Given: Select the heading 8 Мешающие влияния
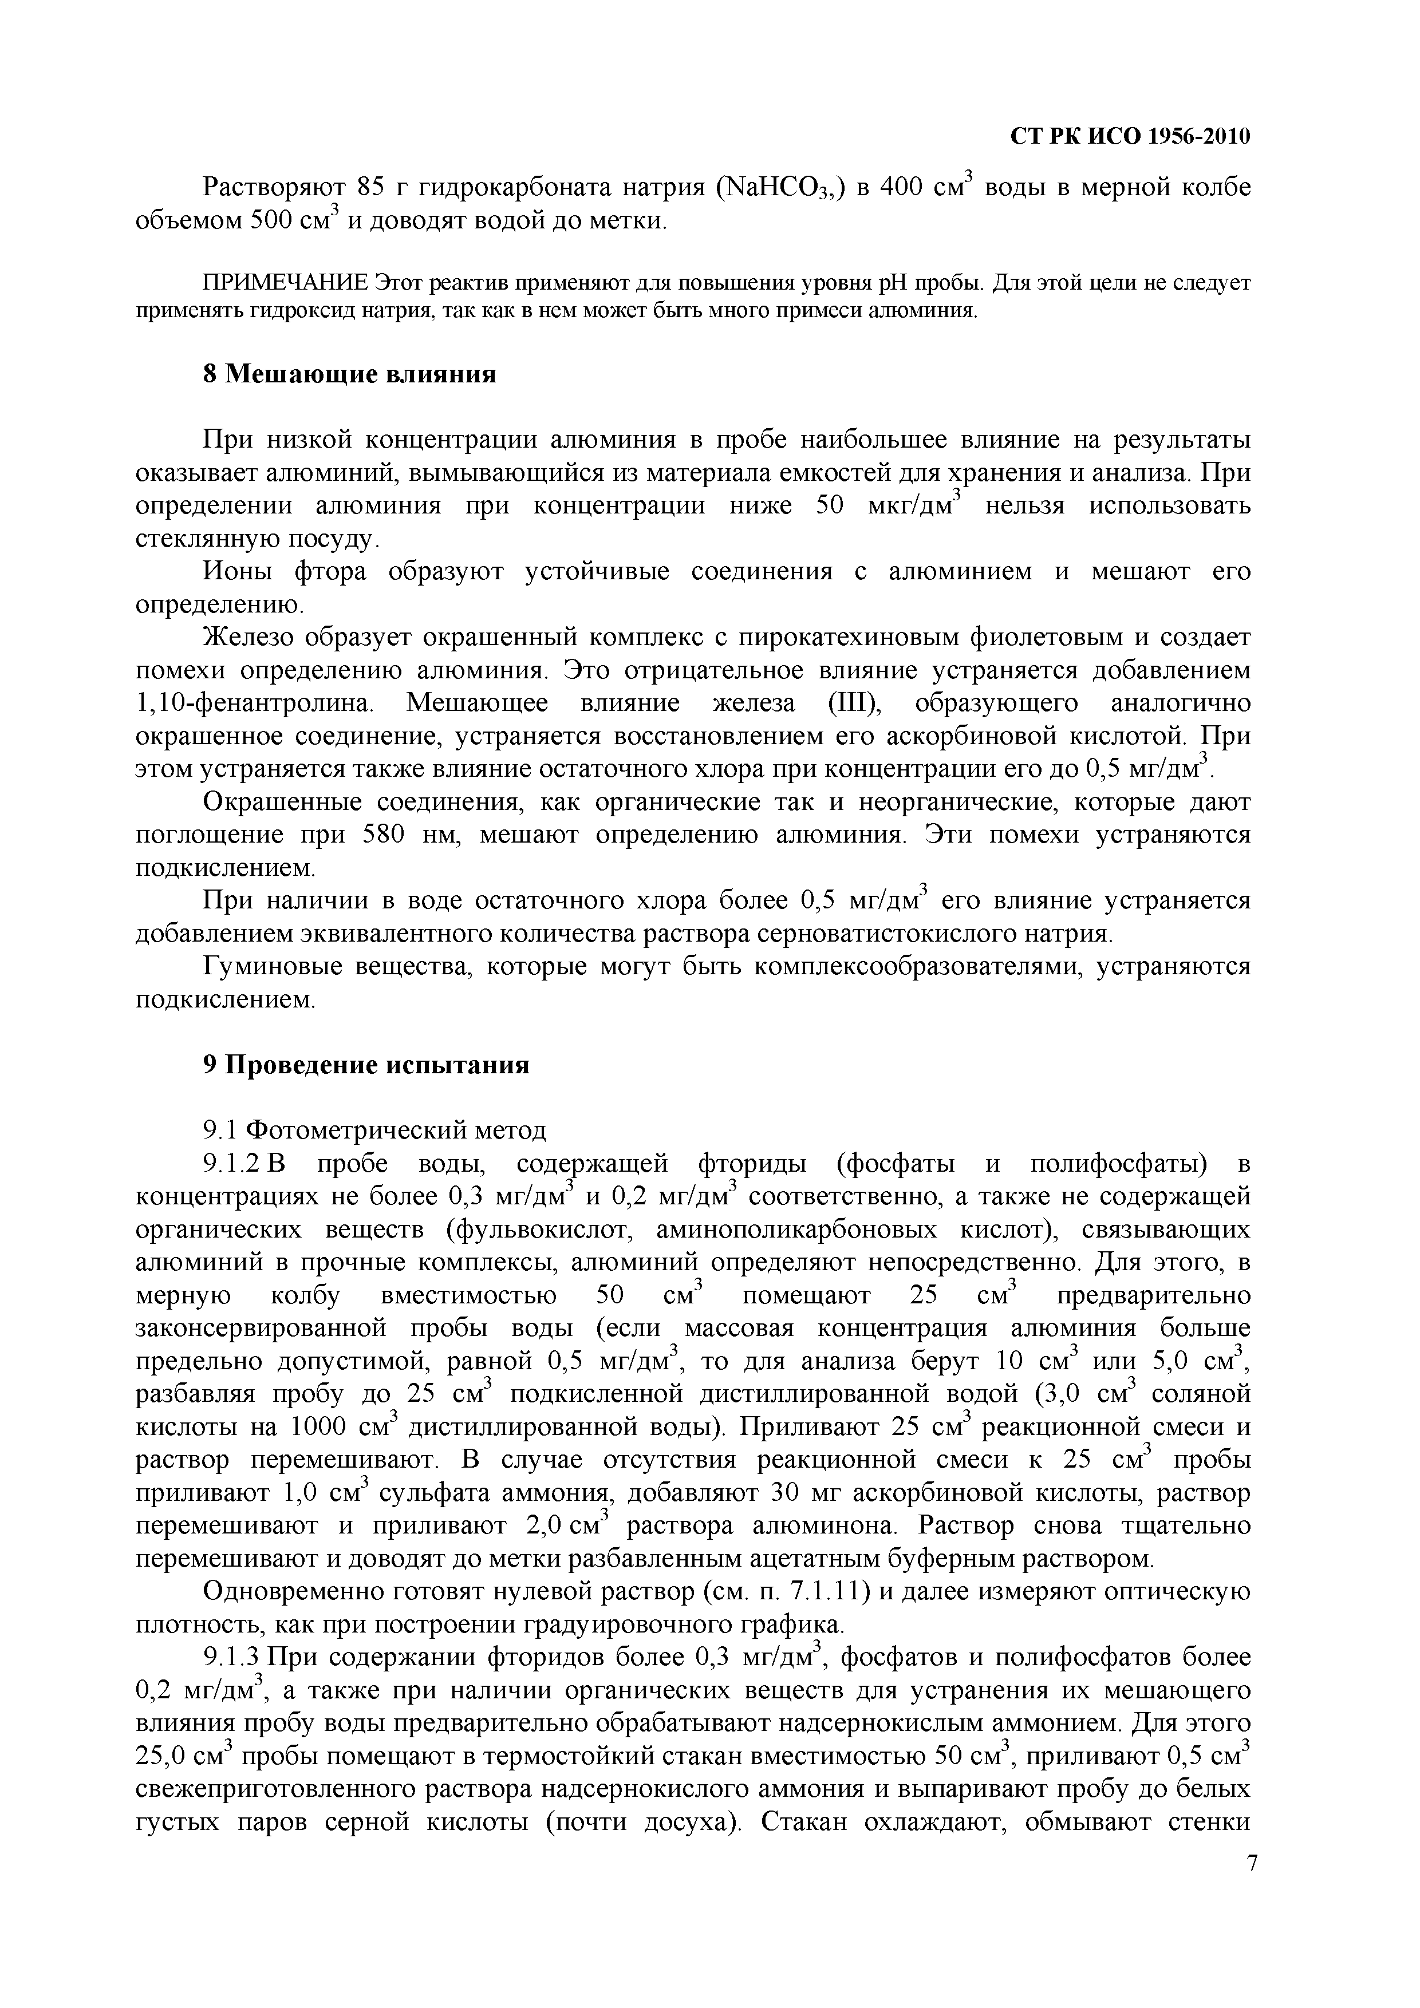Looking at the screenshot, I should (x=349, y=374).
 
